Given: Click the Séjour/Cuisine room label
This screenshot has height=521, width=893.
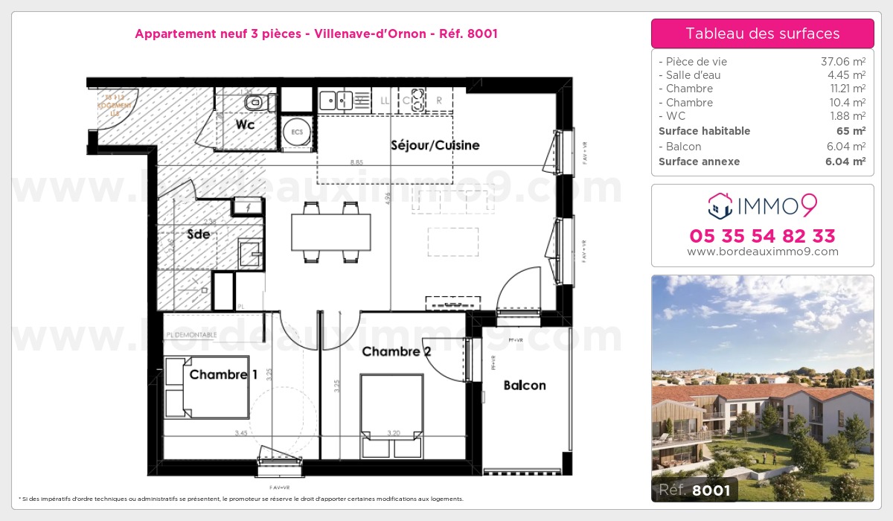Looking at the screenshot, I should pyautogui.click(x=435, y=145).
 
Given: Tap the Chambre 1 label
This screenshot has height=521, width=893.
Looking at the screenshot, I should pyautogui.click(x=223, y=374).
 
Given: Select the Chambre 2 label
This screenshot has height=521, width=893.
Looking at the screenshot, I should pyautogui.click(x=396, y=351).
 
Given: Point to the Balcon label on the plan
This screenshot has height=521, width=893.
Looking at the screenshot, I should pyautogui.click(x=524, y=385).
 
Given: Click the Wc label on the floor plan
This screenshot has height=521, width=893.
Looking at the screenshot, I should pyautogui.click(x=245, y=124).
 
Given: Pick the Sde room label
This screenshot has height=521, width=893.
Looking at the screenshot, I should pyautogui.click(x=198, y=233).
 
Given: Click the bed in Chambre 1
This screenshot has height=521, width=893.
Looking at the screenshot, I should pyautogui.click(x=207, y=388).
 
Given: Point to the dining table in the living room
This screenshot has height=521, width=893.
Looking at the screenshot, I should pyautogui.click(x=330, y=231).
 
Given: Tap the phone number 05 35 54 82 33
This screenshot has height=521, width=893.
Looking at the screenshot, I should pyautogui.click(x=762, y=236).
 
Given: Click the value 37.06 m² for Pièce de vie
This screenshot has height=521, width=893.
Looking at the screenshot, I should pyautogui.click(x=842, y=62).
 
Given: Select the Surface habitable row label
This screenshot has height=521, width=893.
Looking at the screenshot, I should pyautogui.click(x=704, y=131).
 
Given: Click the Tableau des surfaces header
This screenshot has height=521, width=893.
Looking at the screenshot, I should pyautogui.click(x=762, y=33).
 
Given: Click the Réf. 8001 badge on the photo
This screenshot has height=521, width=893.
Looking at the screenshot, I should pyautogui.click(x=695, y=490).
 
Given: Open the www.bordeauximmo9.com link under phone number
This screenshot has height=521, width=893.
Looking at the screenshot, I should pyautogui.click(x=762, y=252).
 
